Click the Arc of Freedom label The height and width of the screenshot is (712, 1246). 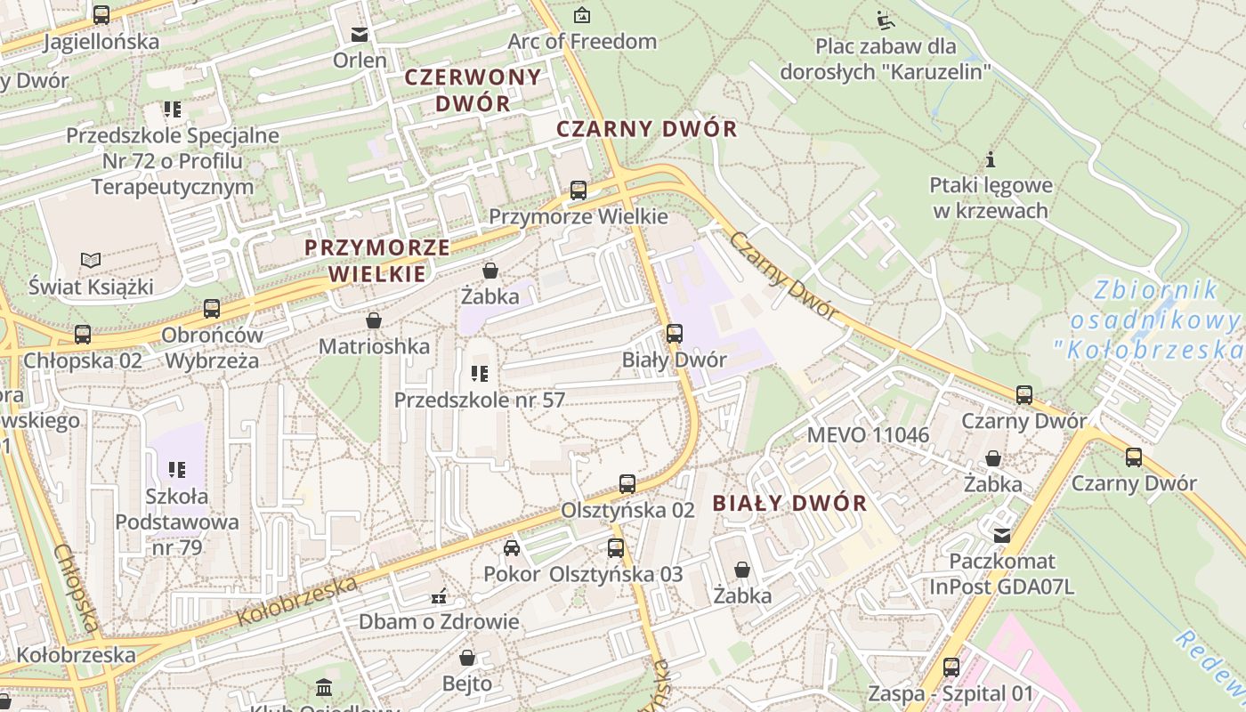(x=581, y=41)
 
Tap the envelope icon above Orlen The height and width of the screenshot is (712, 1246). (x=360, y=35)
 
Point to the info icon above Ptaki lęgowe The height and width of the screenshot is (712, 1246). (x=990, y=160)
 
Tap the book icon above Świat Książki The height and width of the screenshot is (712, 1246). (x=91, y=260)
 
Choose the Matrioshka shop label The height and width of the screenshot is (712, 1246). (x=374, y=346)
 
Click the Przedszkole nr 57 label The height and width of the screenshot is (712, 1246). (x=480, y=400)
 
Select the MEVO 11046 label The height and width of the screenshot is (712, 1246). (x=868, y=435)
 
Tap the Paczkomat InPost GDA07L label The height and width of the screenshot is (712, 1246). (x=1002, y=574)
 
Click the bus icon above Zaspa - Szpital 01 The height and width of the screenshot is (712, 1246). (x=951, y=667)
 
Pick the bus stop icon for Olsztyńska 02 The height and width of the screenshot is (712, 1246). (x=627, y=484)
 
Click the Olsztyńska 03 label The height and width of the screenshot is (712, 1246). (x=616, y=574)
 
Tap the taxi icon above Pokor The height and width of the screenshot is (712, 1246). (x=512, y=547)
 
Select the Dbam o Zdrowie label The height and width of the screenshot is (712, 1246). (x=438, y=621)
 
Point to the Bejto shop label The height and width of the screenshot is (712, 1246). (x=467, y=684)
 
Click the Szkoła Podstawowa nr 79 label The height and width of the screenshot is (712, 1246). (x=177, y=522)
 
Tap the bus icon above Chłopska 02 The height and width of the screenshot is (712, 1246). (x=83, y=335)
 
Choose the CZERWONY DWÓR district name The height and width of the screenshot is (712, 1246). (x=473, y=90)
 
